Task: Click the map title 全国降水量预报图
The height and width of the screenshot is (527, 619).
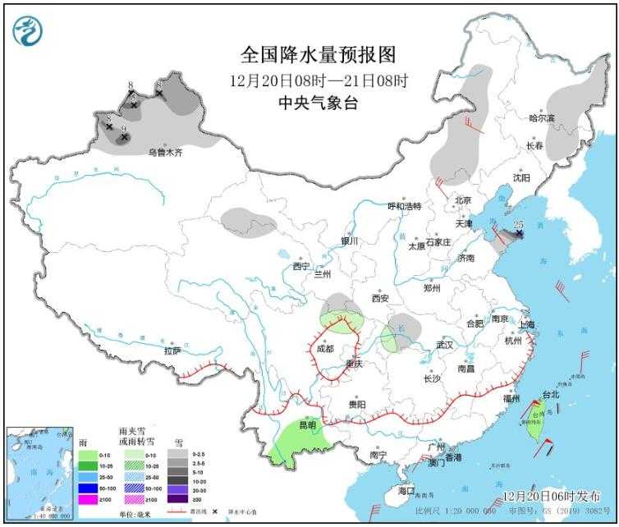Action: pos(319,55)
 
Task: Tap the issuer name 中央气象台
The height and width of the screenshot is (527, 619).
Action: pos(319,103)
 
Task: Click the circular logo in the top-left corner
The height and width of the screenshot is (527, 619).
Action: pos(28,30)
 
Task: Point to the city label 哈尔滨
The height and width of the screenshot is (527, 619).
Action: pos(541,118)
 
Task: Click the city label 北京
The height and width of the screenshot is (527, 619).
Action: pos(462,200)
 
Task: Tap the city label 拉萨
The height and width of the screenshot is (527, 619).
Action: pos(172,351)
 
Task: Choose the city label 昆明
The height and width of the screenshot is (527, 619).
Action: pos(306,426)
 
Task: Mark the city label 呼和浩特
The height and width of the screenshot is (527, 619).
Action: pos(404,206)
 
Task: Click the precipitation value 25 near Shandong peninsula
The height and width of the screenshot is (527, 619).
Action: pos(518,224)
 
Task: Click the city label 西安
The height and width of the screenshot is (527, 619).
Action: pos(379,298)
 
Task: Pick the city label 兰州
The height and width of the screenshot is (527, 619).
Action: pos(321,274)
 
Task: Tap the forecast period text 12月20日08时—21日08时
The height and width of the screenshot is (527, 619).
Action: pos(319,80)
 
